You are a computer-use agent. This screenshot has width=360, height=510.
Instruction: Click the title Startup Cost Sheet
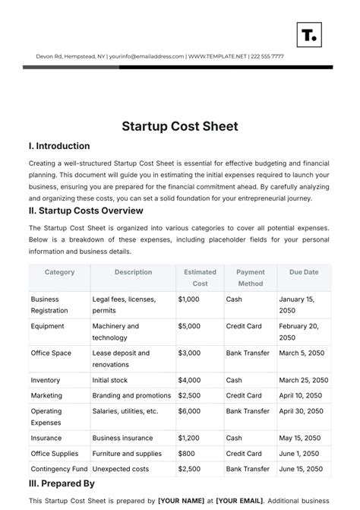click(x=179, y=126)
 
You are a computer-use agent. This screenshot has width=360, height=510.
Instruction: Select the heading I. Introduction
click(x=59, y=146)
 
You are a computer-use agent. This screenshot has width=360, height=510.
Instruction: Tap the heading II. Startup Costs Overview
click(x=86, y=211)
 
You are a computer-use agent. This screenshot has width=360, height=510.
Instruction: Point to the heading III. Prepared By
click(x=62, y=483)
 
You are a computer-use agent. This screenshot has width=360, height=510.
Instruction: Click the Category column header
click(x=59, y=272)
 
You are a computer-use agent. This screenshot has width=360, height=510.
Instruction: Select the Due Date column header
click(x=303, y=272)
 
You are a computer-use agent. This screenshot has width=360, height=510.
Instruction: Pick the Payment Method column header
click(x=250, y=277)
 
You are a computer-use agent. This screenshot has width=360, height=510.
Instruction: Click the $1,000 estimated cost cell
click(x=188, y=299)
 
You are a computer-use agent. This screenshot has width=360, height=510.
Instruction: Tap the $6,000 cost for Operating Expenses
click(x=189, y=411)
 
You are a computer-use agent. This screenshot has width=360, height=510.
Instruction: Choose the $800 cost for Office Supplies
click(x=185, y=454)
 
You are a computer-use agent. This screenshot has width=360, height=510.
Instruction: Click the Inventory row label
click(x=46, y=380)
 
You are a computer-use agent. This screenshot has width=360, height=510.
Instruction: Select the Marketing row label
click(x=46, y=396)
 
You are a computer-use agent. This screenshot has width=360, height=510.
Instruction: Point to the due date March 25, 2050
click(x=303, y=380)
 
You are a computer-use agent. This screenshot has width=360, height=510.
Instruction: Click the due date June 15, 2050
click(x=302, y=469)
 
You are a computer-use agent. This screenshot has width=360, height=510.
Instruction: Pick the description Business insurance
click(x=122, y=439)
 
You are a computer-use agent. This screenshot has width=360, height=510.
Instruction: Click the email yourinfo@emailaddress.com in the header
click(x=147, y=55)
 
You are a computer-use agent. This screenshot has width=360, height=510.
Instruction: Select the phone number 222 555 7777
click(x=267, y=55)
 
